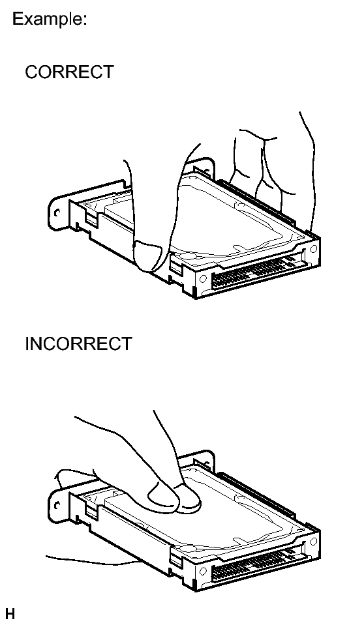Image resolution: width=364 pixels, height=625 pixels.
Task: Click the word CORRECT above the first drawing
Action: [69, 72]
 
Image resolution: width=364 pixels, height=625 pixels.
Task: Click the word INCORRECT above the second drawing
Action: [78, 343]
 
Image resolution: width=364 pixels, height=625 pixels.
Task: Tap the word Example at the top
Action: [50, 19]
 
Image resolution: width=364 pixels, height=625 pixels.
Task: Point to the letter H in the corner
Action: [10, 613]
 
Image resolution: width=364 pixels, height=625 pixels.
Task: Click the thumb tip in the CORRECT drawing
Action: [147, 257]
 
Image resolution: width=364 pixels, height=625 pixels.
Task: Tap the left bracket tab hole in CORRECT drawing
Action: [57, 213]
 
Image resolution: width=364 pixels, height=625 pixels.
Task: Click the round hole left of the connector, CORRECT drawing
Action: [203, 279]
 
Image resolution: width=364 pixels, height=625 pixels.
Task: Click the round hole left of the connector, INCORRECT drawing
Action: [203, 572]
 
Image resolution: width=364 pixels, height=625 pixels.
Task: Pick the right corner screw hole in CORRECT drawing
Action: [313, 250]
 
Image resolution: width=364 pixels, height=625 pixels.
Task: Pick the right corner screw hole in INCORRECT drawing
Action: [313, 542]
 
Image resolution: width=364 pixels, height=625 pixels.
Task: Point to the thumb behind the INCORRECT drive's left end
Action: [74, 478]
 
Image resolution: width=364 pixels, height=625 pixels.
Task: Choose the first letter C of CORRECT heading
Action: [31, 72]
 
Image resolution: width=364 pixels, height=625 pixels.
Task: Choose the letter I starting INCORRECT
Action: [27, 343]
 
